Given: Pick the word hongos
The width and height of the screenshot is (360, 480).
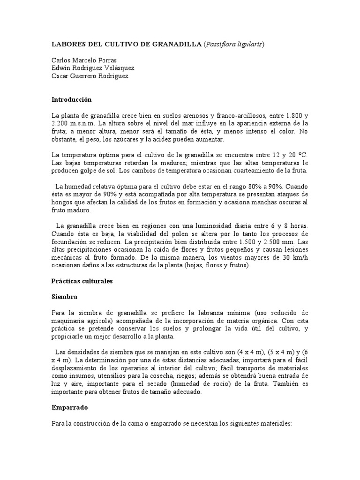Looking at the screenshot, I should click(62, 202).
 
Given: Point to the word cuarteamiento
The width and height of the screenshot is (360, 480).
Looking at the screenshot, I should click(248, 171).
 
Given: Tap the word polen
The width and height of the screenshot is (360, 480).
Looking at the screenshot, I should click(187, 234).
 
